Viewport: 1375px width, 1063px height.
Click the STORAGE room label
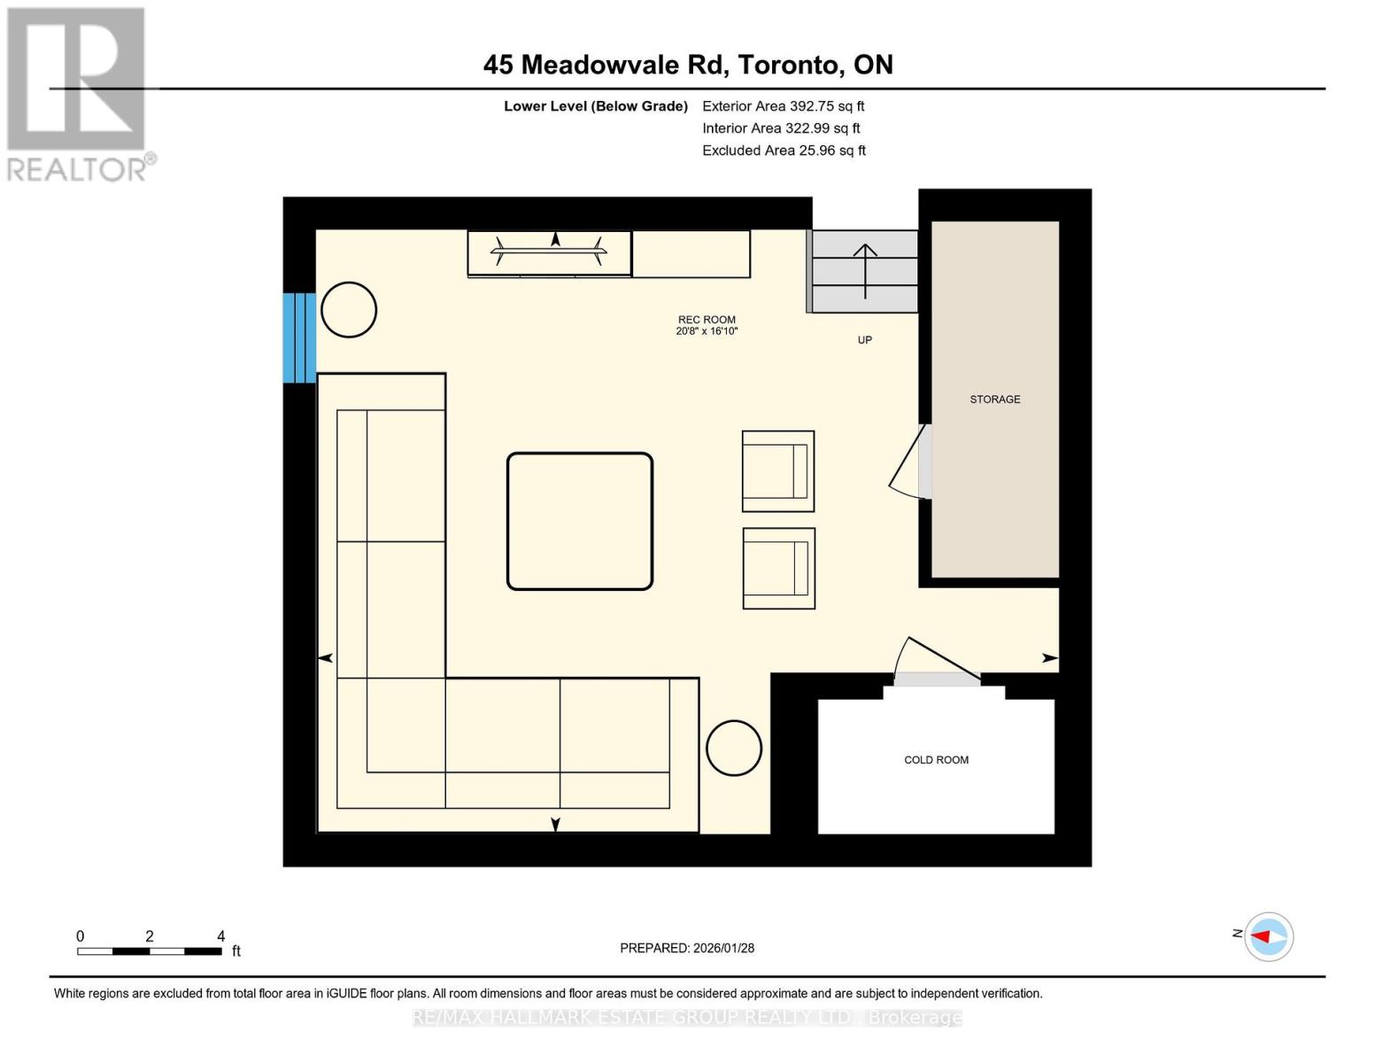[x=994, y=400]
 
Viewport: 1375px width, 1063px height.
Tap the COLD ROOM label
[x=936, y=760]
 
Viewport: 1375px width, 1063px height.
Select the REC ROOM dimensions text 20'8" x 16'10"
[x=707, y=331]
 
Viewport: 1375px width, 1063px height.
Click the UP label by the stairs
[x=864, y=340]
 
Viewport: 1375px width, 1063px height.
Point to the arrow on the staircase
[x=865, y=270]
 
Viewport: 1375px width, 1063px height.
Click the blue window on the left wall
[x=298, y=338]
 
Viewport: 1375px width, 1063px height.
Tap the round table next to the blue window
[x=349, y=310]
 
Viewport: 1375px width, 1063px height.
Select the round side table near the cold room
[x=734, y=749]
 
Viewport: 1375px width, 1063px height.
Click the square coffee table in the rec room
[x=580, y=521]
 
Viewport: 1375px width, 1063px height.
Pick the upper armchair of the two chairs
[x=777, y=471]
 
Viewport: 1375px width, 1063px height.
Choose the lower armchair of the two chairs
[x=778, y=569]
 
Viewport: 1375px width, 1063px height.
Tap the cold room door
[x=937, y=660]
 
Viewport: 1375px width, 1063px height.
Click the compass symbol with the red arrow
[x=1268, y=936]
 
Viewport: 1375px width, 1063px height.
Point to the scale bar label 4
[x=220, y=936]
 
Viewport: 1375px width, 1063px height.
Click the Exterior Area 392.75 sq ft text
[x=783, y=106]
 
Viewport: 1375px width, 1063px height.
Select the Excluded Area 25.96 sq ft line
[x=784, y=151]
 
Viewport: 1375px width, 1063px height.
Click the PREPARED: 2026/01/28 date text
[x=687, y=948]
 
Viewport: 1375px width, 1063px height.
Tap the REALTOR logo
[x=79, y=93]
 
